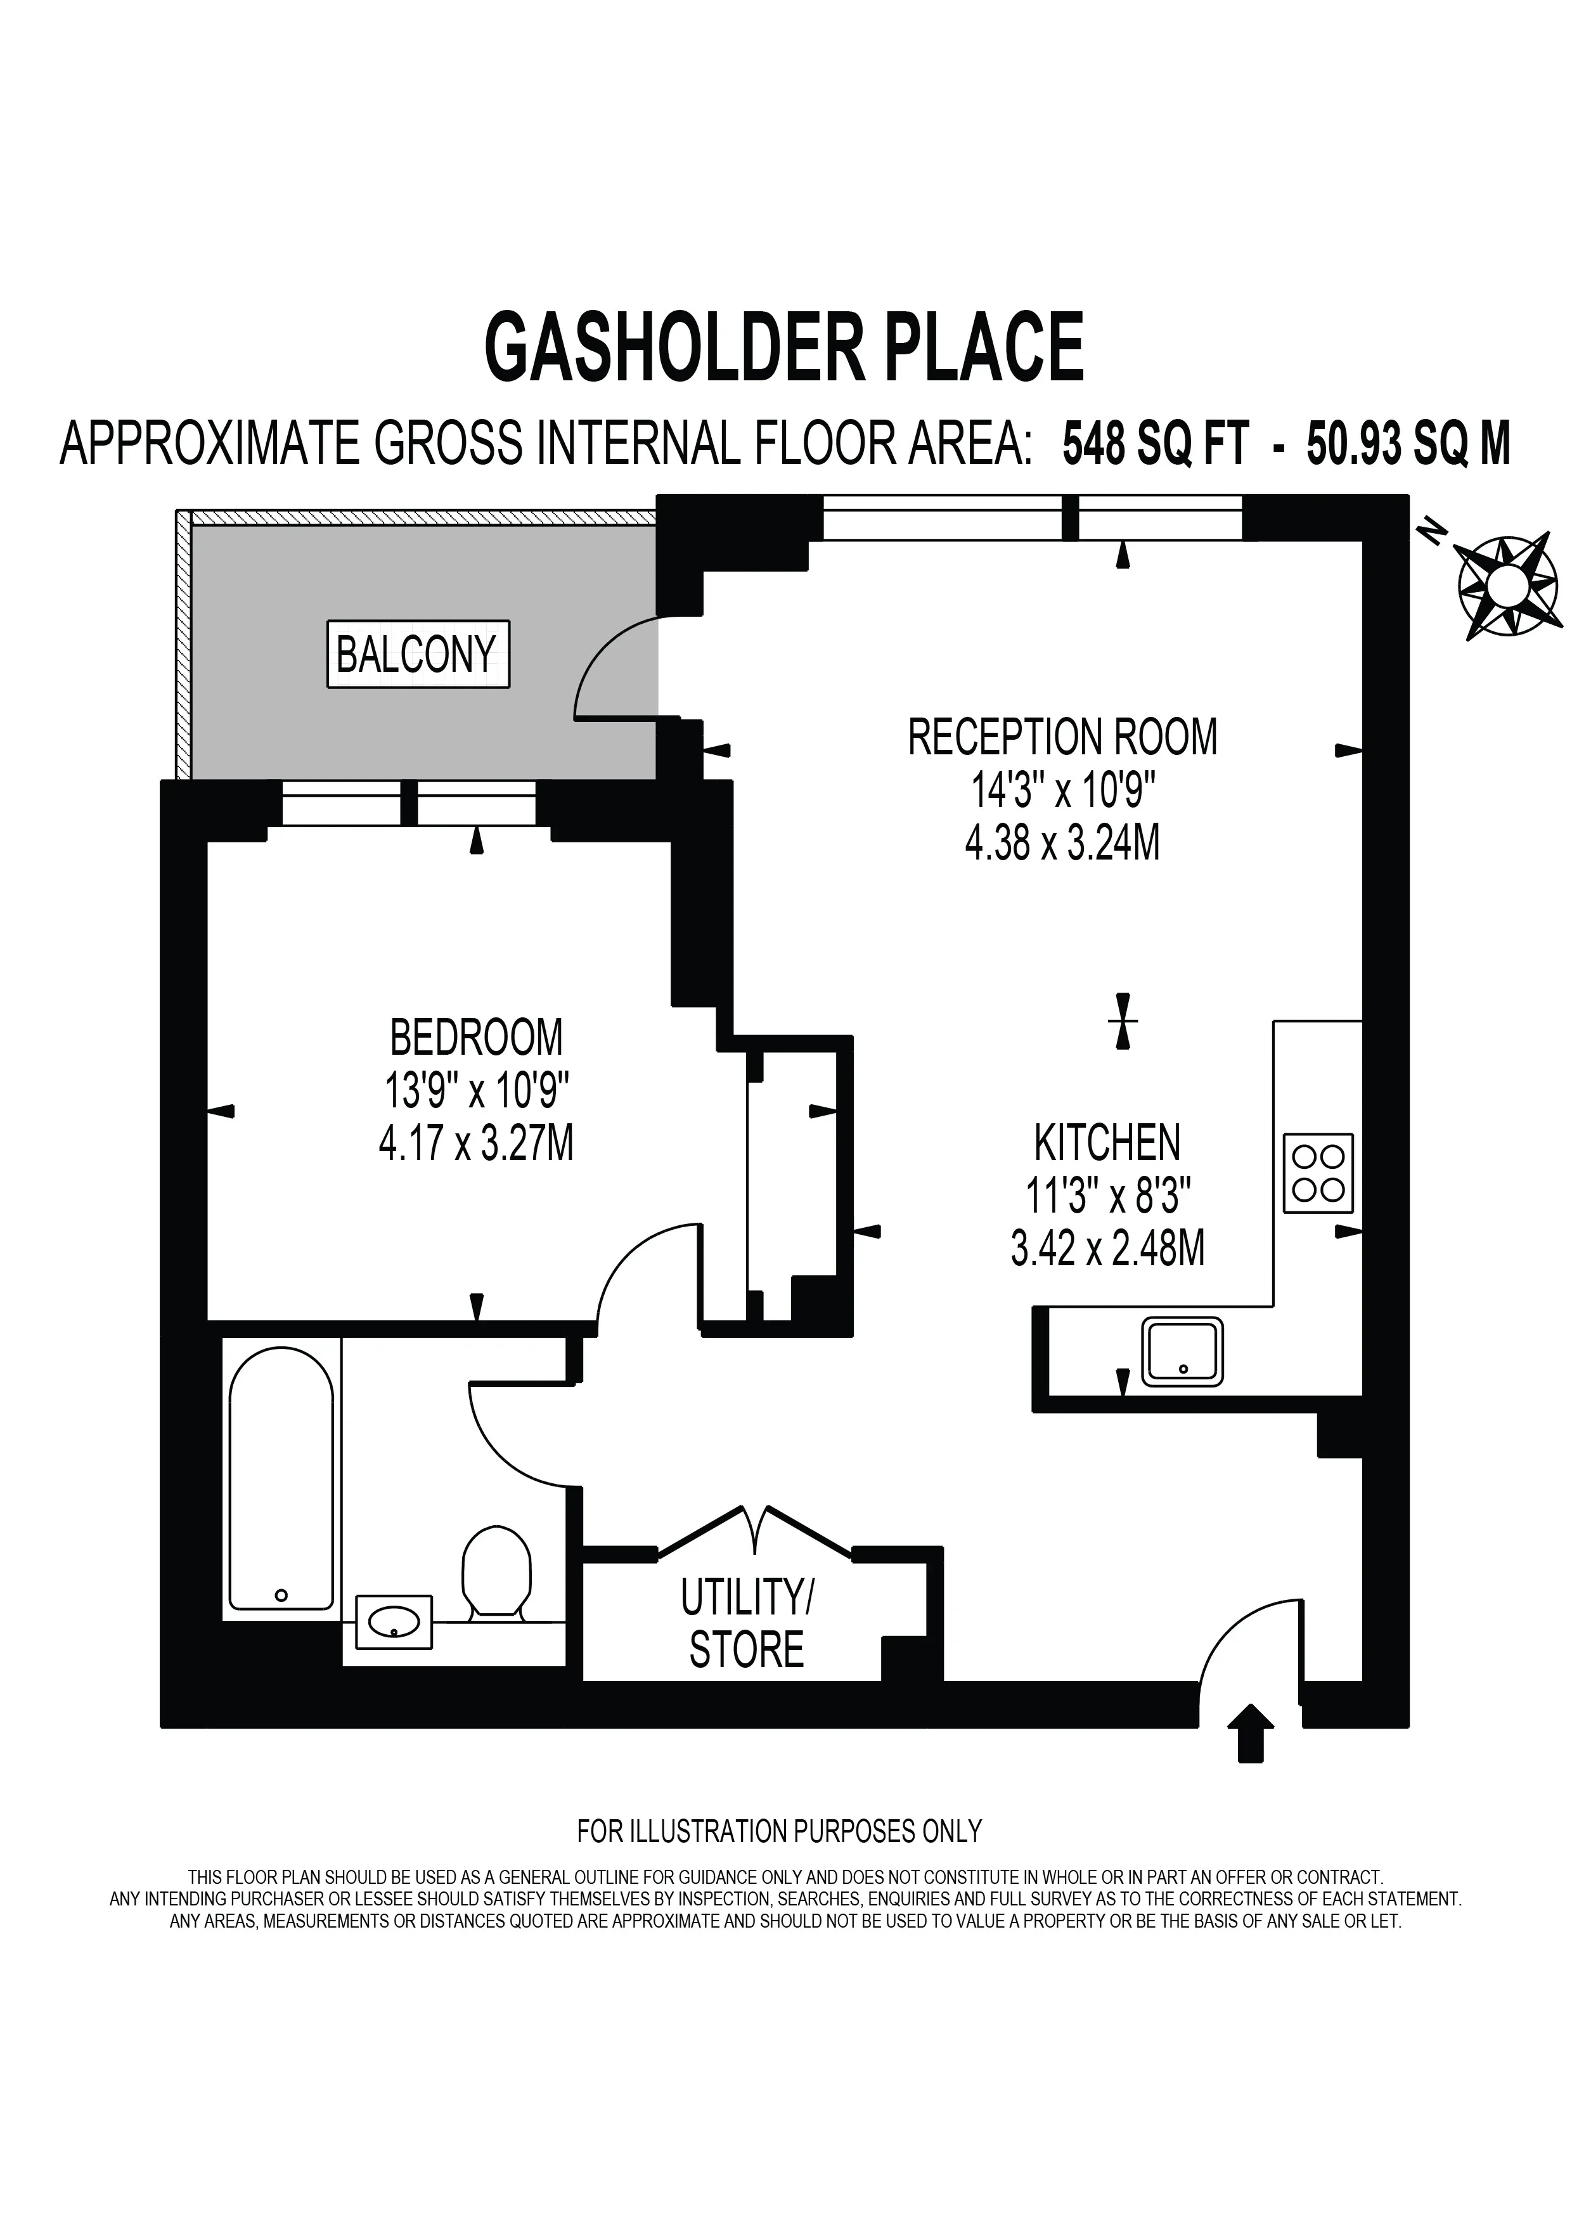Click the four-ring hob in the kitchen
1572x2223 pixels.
point(1318,1173)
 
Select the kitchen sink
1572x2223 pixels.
point(1182,1351)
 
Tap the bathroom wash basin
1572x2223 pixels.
point(394,1621)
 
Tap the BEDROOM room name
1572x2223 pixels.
point(476,1037)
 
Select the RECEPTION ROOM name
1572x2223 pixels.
point(1062,737)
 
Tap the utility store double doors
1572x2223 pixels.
point(755,1531)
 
